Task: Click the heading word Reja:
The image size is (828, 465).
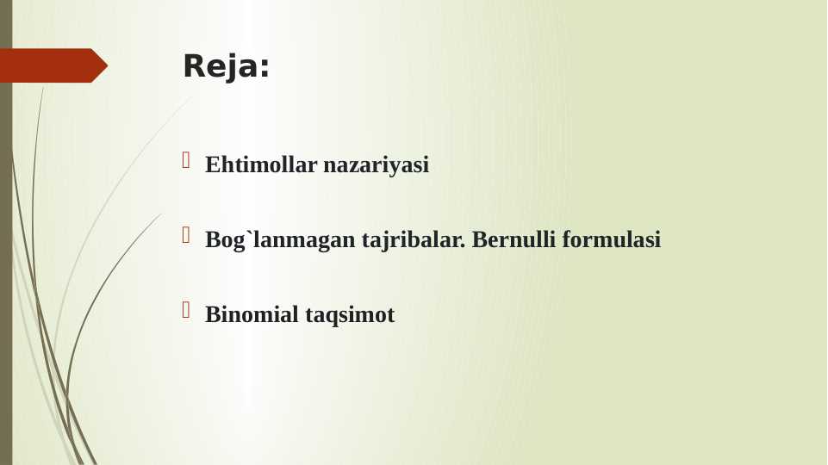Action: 226,66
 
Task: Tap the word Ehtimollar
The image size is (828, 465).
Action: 260,164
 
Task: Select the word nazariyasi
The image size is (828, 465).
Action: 376,164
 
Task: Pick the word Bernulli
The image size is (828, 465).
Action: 514,239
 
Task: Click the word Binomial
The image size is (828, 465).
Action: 252,314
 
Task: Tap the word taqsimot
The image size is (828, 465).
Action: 350,314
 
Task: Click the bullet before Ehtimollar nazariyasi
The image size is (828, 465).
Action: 186,160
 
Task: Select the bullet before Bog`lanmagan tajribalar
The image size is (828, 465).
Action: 186,235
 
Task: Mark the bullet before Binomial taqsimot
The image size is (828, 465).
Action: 186,310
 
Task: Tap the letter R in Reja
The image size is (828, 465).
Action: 192,66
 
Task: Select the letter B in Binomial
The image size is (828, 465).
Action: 212,314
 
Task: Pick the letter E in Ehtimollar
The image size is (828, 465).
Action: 212,164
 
